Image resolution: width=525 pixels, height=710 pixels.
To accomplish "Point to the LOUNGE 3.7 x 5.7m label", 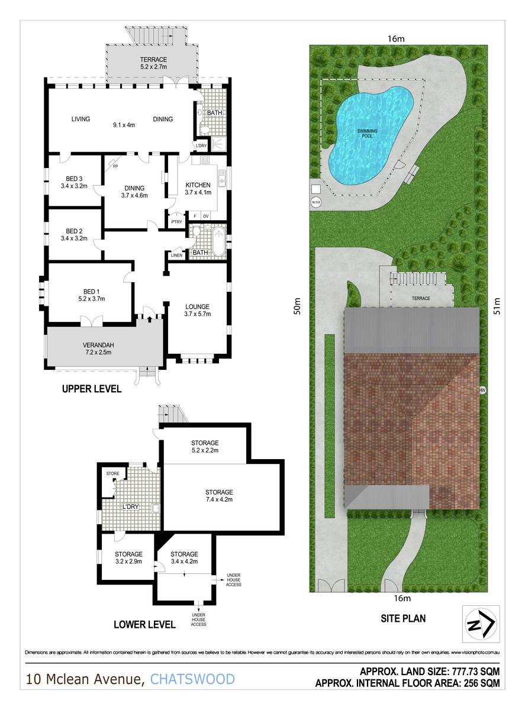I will [197, 311].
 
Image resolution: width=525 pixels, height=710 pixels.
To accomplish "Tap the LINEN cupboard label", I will [176, 255].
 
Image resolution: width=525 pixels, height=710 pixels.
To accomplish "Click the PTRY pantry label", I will [176, 222].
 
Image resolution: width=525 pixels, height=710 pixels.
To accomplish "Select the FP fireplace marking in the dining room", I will [115, 167].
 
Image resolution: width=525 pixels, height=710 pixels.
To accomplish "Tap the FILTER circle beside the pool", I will [316, 202].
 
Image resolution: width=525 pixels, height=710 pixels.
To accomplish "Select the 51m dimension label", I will [498, 307].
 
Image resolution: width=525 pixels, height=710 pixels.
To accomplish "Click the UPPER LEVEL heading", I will [92, 389].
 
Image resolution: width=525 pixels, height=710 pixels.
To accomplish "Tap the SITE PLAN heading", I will [402, 619].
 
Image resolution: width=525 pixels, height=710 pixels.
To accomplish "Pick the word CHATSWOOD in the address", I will [192, 679].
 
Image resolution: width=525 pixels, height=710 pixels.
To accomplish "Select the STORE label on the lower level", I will [112, 473].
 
